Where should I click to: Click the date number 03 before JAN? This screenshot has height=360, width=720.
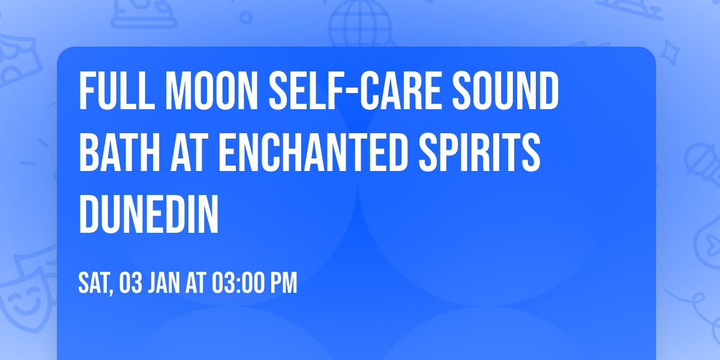[x=130, y=283]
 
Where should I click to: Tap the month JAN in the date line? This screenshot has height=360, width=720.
[x=165, y=283]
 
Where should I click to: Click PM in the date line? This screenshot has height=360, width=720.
[x=285, y=283]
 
